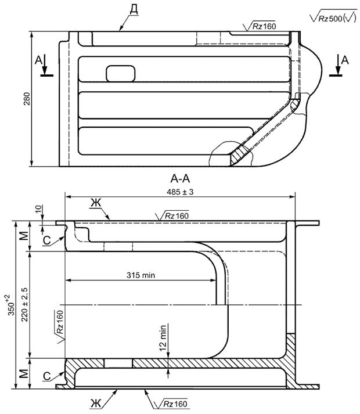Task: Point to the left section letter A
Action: (x=38, y=60)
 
